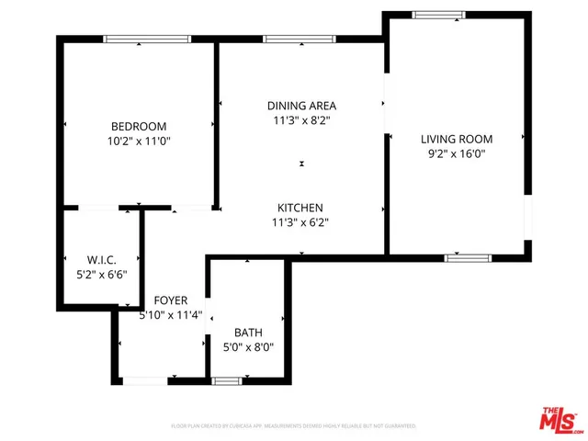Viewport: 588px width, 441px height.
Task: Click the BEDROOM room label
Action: click(139, 126)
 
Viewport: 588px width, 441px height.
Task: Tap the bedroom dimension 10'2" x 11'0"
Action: click(139, 141)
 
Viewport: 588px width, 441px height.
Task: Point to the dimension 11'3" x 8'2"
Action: click(300, 120)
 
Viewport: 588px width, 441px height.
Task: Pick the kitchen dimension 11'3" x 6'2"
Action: click(300, 222)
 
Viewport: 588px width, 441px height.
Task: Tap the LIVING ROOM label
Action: click(457, 139)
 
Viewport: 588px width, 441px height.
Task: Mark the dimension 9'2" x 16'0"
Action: click(457, 154)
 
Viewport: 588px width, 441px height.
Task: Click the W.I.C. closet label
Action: click(100, 258)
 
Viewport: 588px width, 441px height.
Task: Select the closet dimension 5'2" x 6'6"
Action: click(100, 274)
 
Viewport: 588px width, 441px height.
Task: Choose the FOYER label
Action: click(171, 300)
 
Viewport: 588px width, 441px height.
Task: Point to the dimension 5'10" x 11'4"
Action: click(171, 316)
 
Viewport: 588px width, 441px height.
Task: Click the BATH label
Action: click(248, 333)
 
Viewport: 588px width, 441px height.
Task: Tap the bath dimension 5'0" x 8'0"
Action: click(248, 348)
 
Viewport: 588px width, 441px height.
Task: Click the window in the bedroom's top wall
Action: click(147, 39)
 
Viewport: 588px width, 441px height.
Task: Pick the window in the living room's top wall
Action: click(432, 14)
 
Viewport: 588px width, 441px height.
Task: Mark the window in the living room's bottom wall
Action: click(469, 257)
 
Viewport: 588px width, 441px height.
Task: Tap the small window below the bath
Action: click(226, 380)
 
